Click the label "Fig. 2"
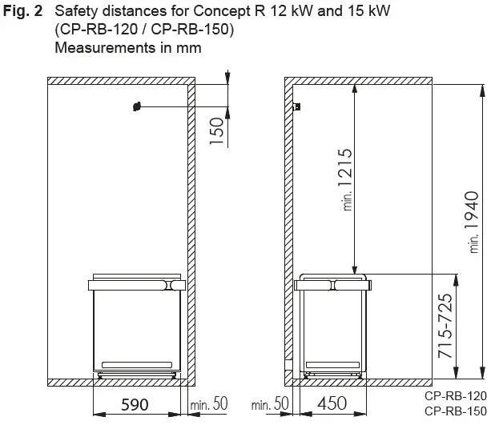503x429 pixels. (x=23, y=13)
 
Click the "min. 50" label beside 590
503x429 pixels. (x=210, y=404)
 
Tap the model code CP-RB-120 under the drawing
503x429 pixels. (x=455, y=395)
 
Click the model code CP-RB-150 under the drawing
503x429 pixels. (x=455, y=411)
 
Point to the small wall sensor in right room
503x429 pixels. (x=297, y=106)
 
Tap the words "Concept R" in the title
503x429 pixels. (x=220, y=13)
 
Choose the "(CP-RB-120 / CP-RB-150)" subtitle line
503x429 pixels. (x=144, y=30)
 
